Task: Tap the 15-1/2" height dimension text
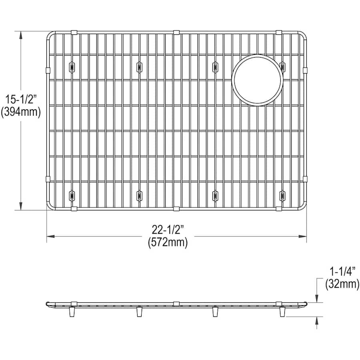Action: click(x=21, y=100)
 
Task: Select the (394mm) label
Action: click(x=21, y=112)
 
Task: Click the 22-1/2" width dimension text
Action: click(x=168, y=230)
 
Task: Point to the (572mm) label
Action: click(x=168, y=242)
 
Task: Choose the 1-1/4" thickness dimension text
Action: click(x=342, y=272)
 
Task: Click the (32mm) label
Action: click(x=342, y=284)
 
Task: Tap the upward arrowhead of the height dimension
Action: click(x=21, y=35)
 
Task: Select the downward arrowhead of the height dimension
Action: click(x=21, y=206)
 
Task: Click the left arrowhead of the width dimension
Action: click(x=51, y=236)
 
